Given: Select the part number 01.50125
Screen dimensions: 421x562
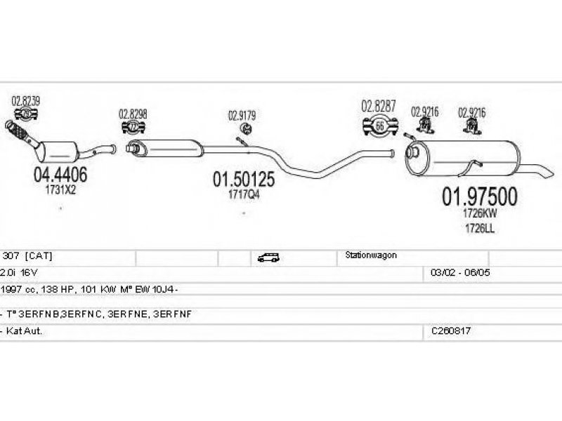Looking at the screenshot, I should point(243,180).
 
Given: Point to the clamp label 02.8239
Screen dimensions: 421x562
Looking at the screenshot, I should point(26,101).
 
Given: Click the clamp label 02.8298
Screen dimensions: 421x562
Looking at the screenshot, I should point(133,114).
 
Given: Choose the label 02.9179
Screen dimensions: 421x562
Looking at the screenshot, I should point(242,116).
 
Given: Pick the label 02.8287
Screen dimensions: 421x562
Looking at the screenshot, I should point(379,107).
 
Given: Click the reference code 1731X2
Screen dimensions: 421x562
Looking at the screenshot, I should point(60,189).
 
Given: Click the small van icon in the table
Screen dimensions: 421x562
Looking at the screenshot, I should point(268,258).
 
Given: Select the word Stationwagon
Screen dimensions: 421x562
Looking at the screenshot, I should point(371,256).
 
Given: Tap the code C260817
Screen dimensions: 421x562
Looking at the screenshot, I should point(451,330).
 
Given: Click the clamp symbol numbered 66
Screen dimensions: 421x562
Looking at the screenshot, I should point(380,126).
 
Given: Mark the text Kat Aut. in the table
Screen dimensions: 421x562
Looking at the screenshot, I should point(24,330).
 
